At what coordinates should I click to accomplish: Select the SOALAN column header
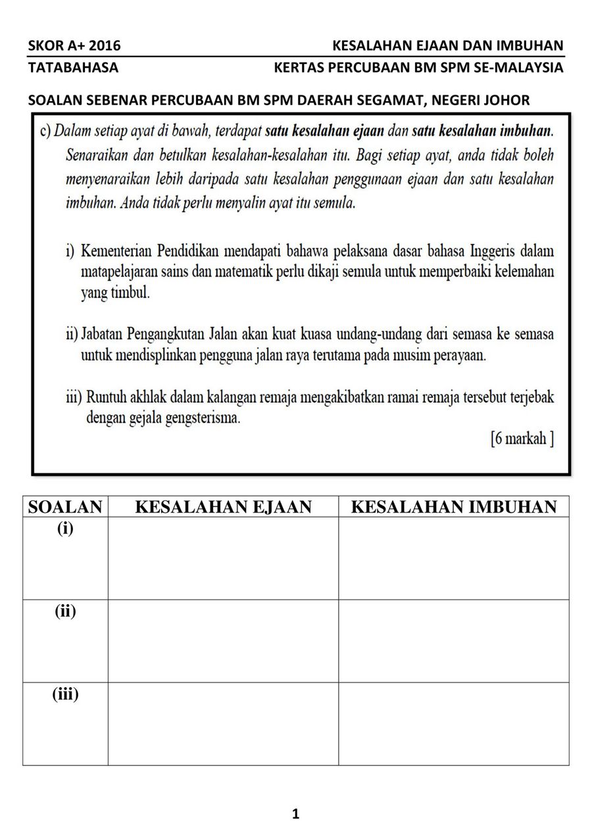tap(65, 507)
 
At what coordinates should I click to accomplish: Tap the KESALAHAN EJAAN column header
tap(223, 507)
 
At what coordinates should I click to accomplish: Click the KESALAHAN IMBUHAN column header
tap(454, 507)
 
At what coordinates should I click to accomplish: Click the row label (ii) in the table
tap(65, 611)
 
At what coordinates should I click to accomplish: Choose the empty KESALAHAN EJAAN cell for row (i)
tap(223, 558)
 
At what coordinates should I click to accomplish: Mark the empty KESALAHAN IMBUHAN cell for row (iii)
tap(454, 724)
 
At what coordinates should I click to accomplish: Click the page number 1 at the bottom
tap(295, 814)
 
